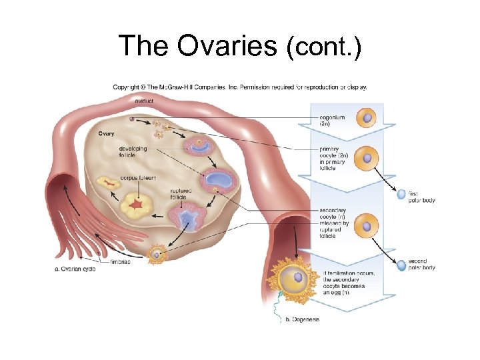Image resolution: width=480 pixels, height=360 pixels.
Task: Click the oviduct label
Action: pyautogui.click(x=143, y=101)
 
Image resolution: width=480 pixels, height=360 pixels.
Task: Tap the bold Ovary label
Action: pyautogui.click(x=106, y=134)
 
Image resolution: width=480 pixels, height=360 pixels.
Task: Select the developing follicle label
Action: pyautogui.click(x=133, y=152)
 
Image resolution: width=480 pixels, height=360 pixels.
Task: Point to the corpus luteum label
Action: pyautogui.click(x=138, y=178)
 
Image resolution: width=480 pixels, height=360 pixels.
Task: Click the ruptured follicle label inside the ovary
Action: pyautogui.click(x=182, y=193)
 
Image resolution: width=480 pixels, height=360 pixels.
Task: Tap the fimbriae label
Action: pyautogui.click(x=120, y=262)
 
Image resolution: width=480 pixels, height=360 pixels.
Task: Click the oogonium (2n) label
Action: pyautogui.click(x=333, y=121)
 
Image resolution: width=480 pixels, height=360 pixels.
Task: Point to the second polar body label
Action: pyautogui.click(x=421, y=264)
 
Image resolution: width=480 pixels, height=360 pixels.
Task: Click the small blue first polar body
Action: pyautogui.click(x=401, y=195)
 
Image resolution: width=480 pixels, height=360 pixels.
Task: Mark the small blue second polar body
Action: pyautogui.click(x=401, y=266)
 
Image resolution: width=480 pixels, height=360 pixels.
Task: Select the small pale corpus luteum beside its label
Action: pyautogui.click(x=107, y=182)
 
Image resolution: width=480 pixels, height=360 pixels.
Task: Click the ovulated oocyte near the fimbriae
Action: pyautogui.click(x=157, y=254)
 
